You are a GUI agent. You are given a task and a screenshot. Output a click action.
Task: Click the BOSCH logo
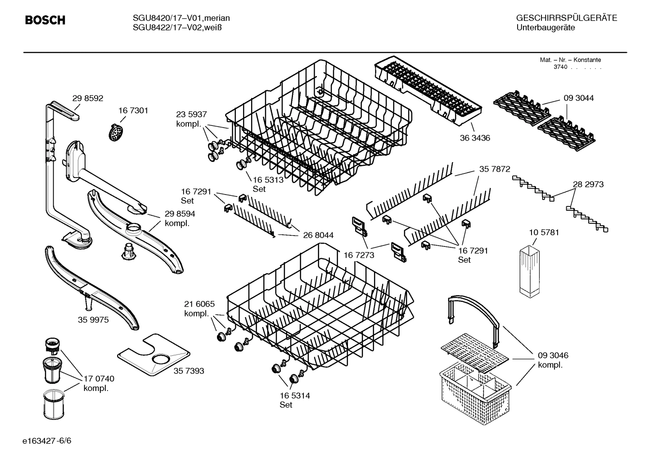pos(45,20)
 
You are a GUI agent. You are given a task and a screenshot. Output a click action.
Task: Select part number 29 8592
pos(88,98)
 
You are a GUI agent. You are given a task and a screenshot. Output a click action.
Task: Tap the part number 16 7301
pos(133,110)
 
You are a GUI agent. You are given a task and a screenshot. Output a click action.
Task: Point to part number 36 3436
pos(475,138)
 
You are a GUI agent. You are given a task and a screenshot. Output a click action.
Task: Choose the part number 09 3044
pos(578,98)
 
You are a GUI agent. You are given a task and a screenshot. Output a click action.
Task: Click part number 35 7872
pos(495,169)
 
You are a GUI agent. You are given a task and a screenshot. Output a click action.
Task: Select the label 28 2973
pos(588,184)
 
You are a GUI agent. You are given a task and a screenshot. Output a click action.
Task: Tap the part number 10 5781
pos(544,232)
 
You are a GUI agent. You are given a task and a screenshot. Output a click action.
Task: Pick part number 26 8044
pos(318,235)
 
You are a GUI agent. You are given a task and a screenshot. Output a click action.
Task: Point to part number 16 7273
pos(359,255)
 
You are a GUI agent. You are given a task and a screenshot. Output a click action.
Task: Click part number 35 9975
pos(93,320)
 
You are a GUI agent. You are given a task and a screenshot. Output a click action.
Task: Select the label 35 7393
pos(189,371)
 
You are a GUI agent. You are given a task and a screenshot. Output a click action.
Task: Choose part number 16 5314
pos(295,395)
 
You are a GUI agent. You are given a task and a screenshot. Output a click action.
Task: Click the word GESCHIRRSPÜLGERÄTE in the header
pos(566,18)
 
